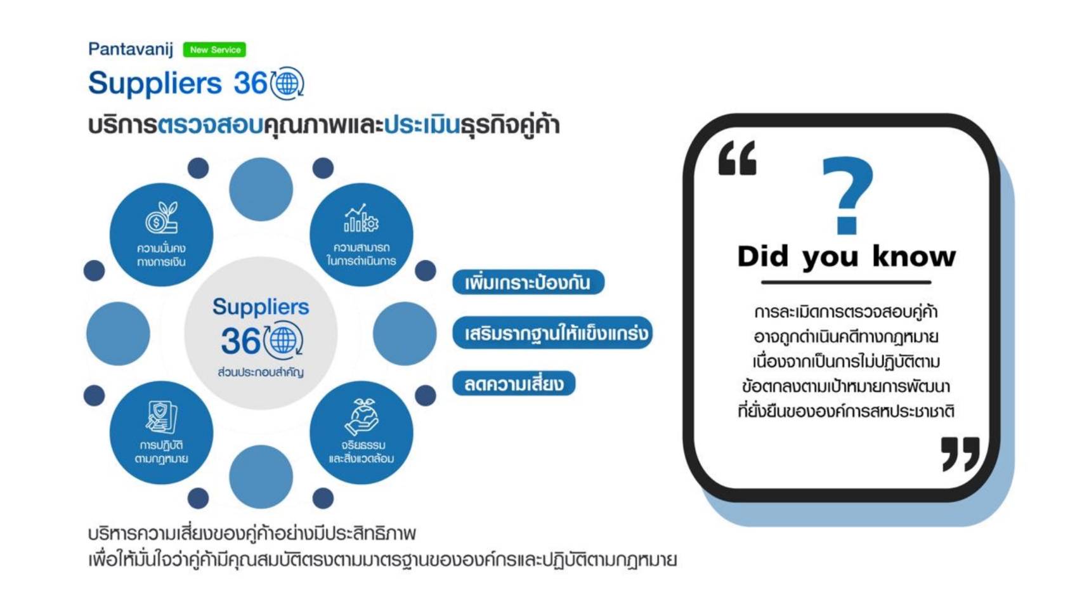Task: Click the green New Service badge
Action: pyautogui.click(x=214, y=49)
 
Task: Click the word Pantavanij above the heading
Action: pyautogui.click(x=131, y=49)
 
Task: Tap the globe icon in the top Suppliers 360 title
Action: pyautogui.click(x=287, y=84)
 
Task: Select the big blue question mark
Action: pyautogui.click(x=848, y=195)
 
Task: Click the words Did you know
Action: pyautogui.click(x=846, y=257)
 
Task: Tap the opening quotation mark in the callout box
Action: pyautogui.click(x=738, y=158)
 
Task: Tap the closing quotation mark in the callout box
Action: pyautogui.click(x=960, y=454)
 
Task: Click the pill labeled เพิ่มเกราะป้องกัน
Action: pyautogui.click(x=528, y=282)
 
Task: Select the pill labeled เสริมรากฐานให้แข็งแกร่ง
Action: pyautogui.click(x=552, y=333)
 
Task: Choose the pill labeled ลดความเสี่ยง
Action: pyautogui.click(x=514, y=384)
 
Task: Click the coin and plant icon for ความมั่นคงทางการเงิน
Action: pyautogui.click(x=162, y=218)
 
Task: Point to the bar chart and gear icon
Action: pyautogui.click(x=362, y=218)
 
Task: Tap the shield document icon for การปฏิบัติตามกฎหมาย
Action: pyautogui.click(x=161, y=417)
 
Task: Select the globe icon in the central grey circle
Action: pyautogui.click(x=284, y=341)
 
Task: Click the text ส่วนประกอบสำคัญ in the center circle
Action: pyautogui.click(x=261, y=372)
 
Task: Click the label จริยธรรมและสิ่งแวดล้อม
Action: pyautogui.click(x=362, y=452)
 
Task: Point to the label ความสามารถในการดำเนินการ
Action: pyautogui.click(x=362, y=254)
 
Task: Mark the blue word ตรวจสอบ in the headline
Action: pyautogui.click(x=210, y=125)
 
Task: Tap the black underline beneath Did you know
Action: pyautogui.click(x=846, y=282)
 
